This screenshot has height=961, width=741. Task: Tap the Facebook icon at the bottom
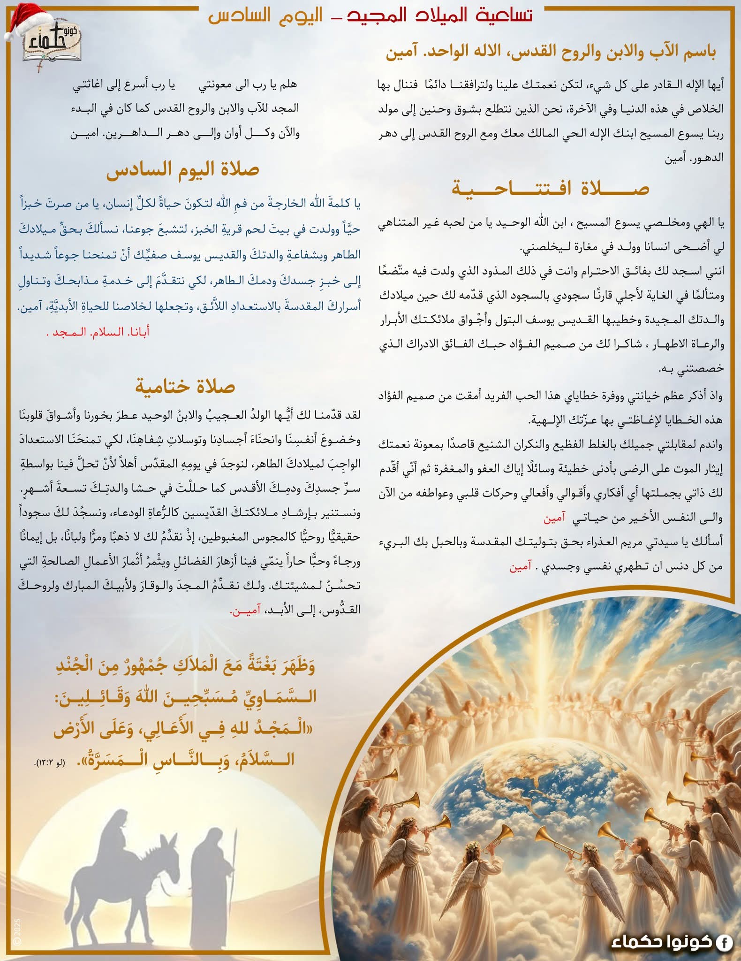click(724, 942)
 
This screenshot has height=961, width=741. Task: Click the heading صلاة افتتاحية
click(550, 189)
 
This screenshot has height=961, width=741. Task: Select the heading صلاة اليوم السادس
click(183, 170)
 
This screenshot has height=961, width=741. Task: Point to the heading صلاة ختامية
click(185, 387)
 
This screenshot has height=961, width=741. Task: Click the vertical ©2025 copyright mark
click(18, 931)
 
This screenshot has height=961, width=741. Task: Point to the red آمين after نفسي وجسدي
click(521, 567)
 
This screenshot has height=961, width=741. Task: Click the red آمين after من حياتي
click(554, 518)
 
